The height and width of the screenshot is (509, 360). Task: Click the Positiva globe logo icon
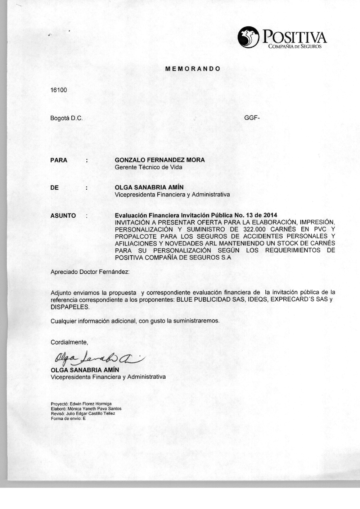pyautogui.click(x=249, y=37)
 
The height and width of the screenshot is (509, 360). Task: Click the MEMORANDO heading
pyautogui.click(x=193, y=68)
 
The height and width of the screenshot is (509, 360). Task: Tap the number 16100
pyautogui.click(x=59, y=90)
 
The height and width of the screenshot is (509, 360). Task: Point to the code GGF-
pyautogui.click(x=252, y=118)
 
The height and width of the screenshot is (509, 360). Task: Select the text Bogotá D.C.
pyautogui.click(x=67, y=118)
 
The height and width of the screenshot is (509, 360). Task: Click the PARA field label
pyautogui.click(x=59, y=160)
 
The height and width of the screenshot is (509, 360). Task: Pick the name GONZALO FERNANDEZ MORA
pyautogui.click(x=159, y=160)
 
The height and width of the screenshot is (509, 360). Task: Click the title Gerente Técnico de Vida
pyautogui.click(x=148, y=167)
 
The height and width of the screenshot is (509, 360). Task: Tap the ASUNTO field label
pyautogui.click(x=63, y=216)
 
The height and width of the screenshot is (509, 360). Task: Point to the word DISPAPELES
pyautogui.click(x=69, y=307)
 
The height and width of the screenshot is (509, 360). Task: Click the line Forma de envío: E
pyautogui.click(x=68, y=418)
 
